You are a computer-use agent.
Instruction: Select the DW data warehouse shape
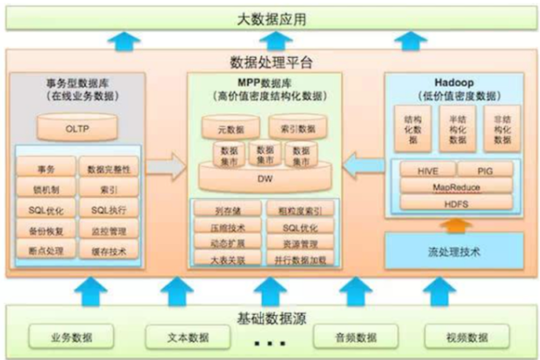point(264,177)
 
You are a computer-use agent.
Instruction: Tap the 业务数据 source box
point(64,337)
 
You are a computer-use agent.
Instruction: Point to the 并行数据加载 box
point(299,259)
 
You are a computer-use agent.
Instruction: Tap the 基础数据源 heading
point(270,319)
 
